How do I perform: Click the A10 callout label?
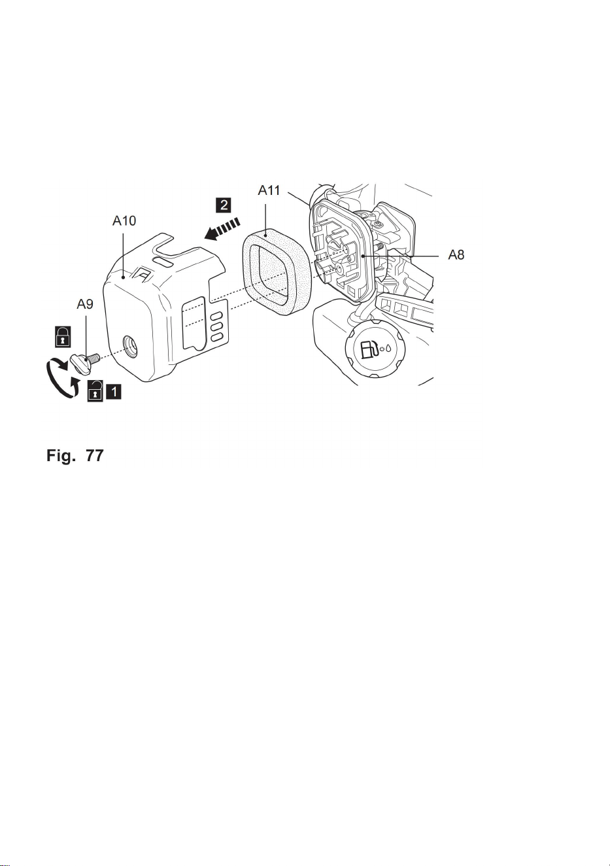124,221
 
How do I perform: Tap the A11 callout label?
269,190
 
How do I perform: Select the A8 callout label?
456,255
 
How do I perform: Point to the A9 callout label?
85,304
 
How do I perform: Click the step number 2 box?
224,205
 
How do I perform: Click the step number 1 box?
114,392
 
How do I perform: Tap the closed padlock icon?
62,336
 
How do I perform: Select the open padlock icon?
95,391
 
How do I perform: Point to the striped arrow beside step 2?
222,230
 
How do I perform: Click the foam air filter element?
276,271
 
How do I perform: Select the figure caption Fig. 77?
75,455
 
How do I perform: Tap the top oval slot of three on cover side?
216,315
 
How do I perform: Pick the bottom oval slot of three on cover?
216,337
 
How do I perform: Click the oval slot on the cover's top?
163,262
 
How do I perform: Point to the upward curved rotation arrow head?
76,383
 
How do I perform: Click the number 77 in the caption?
95,455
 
